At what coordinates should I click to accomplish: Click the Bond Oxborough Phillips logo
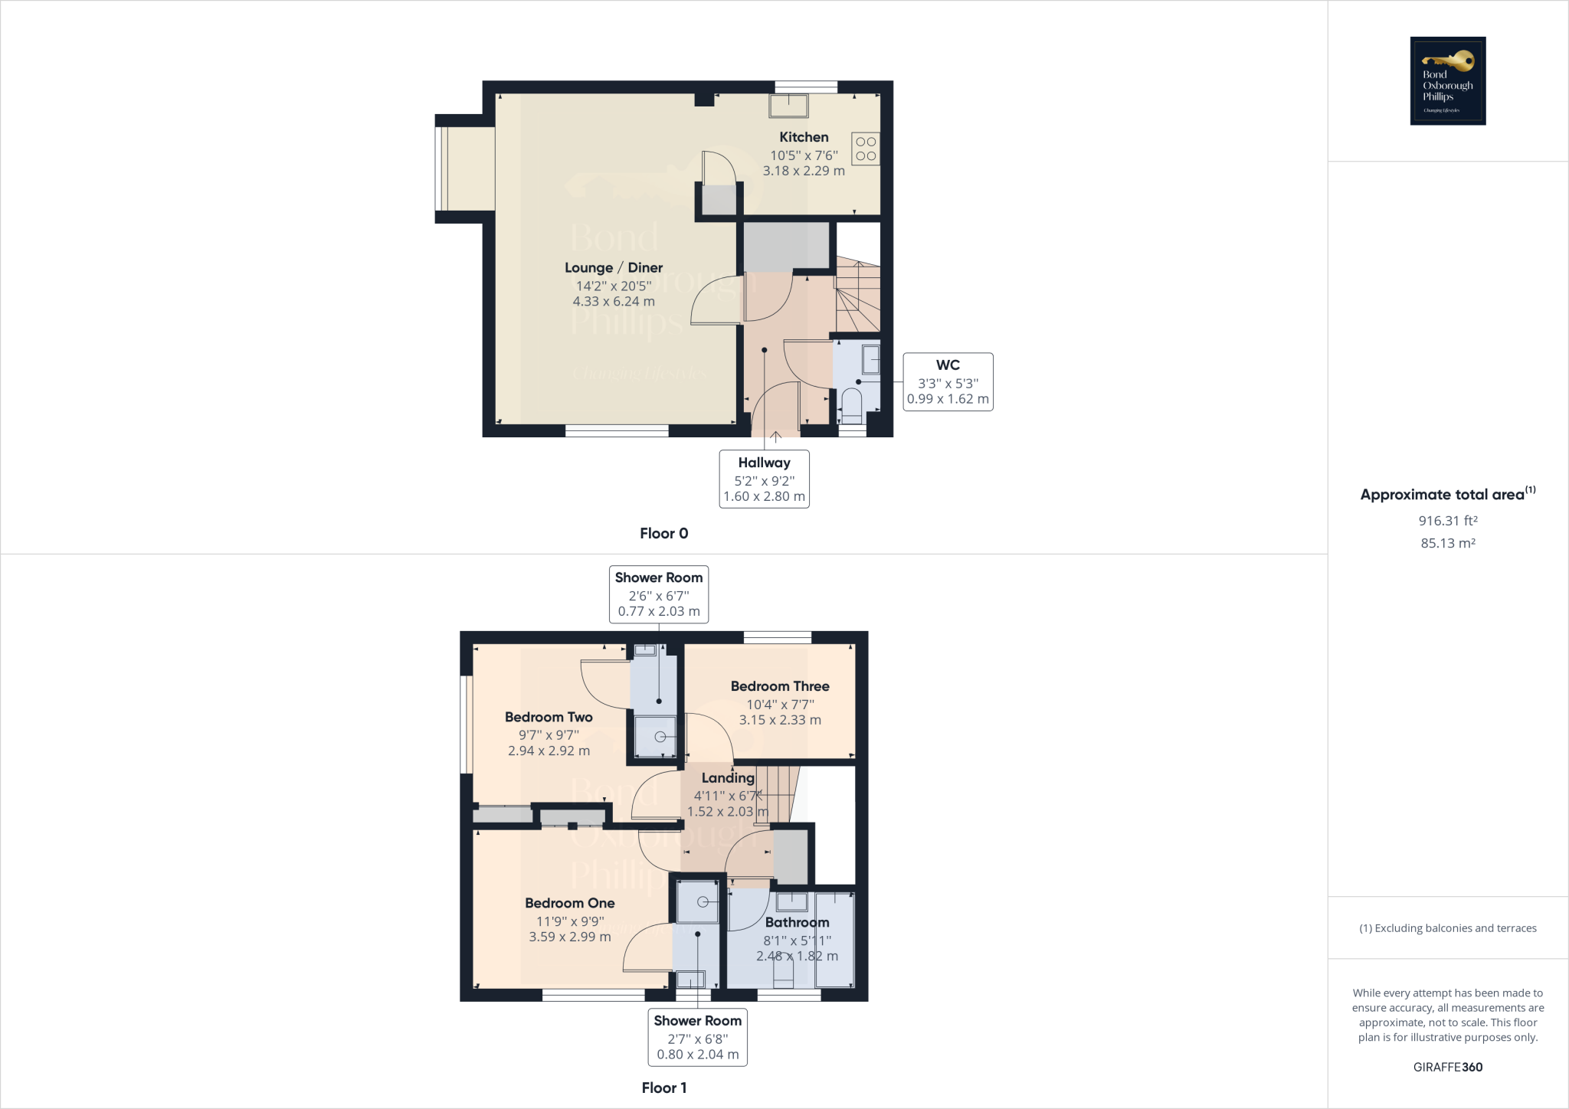coord(1448,80)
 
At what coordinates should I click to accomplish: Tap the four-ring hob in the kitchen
coord(866,149)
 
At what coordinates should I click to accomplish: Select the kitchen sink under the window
coord(788,106)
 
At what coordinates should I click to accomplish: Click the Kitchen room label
coord(804,137)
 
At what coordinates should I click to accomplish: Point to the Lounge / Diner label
coord(614,267)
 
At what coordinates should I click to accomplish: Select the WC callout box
coord(948,381)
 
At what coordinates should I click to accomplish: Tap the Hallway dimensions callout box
coord(764,479)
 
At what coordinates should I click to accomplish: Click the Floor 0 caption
coord(663,533)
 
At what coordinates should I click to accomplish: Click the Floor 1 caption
coord(663,1088)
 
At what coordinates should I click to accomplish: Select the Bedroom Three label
coord(780,686)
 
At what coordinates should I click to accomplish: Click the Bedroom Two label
coord(549,717)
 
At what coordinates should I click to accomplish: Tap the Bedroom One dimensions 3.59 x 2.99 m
coord(570,937)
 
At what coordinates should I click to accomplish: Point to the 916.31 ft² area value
coord(1448,521)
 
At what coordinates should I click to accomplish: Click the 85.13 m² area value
coord(1448,543)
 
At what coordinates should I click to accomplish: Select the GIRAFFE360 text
coord(1448,1067)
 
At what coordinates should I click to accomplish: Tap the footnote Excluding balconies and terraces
coord(1448,928)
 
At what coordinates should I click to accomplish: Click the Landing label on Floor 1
coord(728,777)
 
